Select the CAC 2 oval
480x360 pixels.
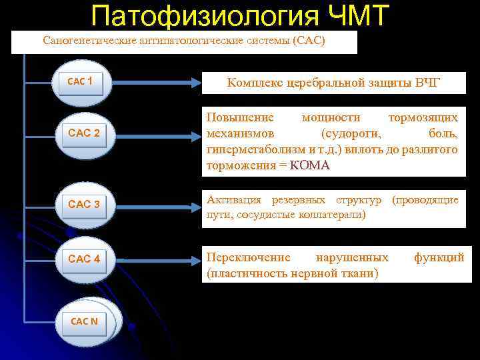84,133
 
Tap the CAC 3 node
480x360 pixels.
84,204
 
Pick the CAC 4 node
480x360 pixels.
84,259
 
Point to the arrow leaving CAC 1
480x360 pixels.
153,83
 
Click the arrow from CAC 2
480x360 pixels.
153,133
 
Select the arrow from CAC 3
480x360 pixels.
153,204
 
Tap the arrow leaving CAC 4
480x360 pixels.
153,259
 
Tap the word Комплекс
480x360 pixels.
254,83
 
